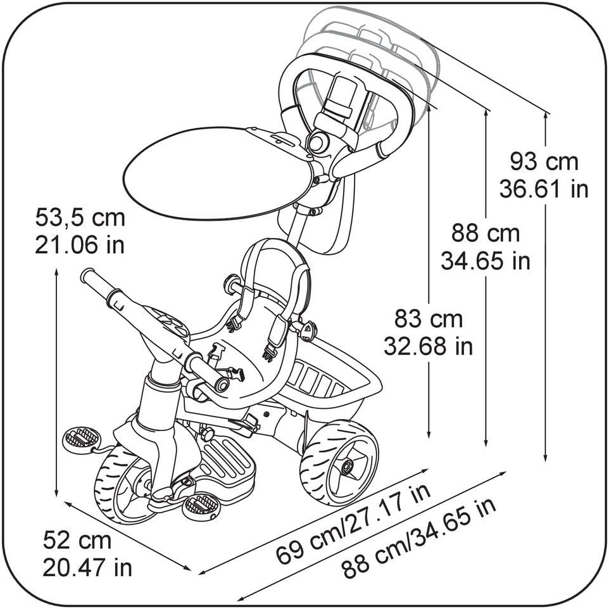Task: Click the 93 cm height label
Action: [544, 162]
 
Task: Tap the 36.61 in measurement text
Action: [544, 189]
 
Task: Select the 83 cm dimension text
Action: [428, 318]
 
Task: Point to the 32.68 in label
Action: [429, 346]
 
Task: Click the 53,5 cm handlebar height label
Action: [80, 218]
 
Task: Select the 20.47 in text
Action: [87, 567]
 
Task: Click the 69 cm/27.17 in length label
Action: [353, 523]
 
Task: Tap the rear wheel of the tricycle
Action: [339, 461]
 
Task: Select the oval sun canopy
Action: [218, 173]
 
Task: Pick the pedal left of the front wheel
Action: [81, 437]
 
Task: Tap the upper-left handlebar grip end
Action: [89, 277]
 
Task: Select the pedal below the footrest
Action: [201, 505]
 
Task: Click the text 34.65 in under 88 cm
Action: [486, 261]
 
